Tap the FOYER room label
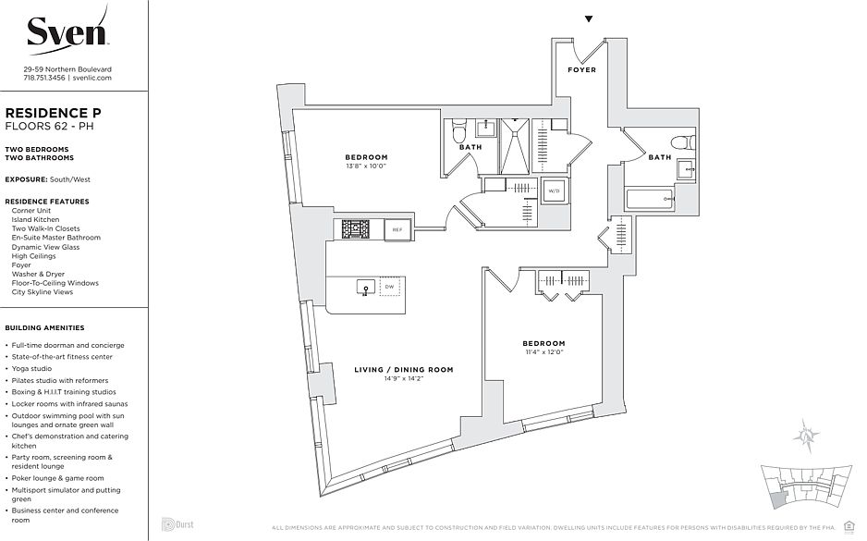point(581,70)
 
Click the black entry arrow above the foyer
point(589,18)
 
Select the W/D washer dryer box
point(554,191)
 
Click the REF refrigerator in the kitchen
point(397,229)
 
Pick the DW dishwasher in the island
point(390,288)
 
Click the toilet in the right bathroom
point(682,142)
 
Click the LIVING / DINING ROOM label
point(404,370)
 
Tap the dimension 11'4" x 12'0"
point(543,352)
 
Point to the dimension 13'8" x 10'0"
point(367,166)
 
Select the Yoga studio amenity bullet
point(32,368)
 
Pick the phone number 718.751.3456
point(44,79)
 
